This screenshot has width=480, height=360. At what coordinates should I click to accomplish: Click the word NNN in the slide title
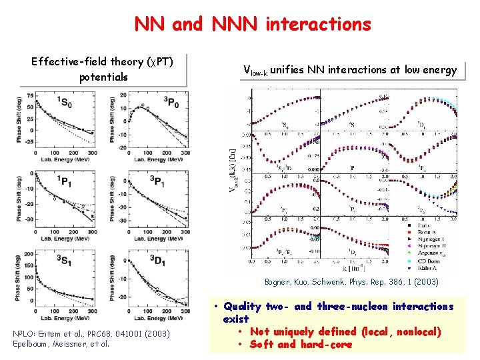tap(235, 24)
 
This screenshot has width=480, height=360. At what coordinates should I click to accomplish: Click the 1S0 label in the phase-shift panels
tap(65, 102)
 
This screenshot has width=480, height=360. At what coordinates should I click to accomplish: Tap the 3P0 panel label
tap(173, 102)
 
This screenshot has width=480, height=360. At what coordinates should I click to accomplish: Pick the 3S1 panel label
tap(65, 261)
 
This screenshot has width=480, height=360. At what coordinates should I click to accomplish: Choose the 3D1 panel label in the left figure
tap(173, 261)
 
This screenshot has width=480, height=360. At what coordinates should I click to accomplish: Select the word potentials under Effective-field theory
tap(103, 77)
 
